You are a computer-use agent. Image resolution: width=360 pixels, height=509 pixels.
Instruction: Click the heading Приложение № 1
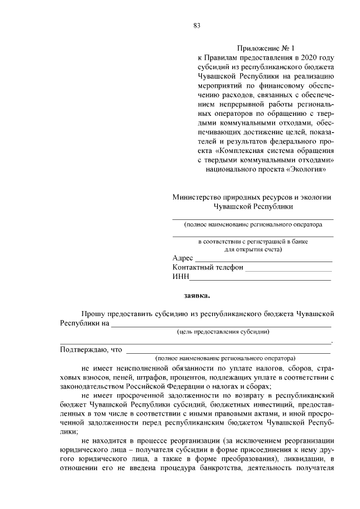(262, 49)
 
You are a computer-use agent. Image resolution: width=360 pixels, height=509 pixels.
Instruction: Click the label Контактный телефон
(208, 268)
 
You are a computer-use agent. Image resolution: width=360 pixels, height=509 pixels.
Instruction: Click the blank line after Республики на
(220, 323)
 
